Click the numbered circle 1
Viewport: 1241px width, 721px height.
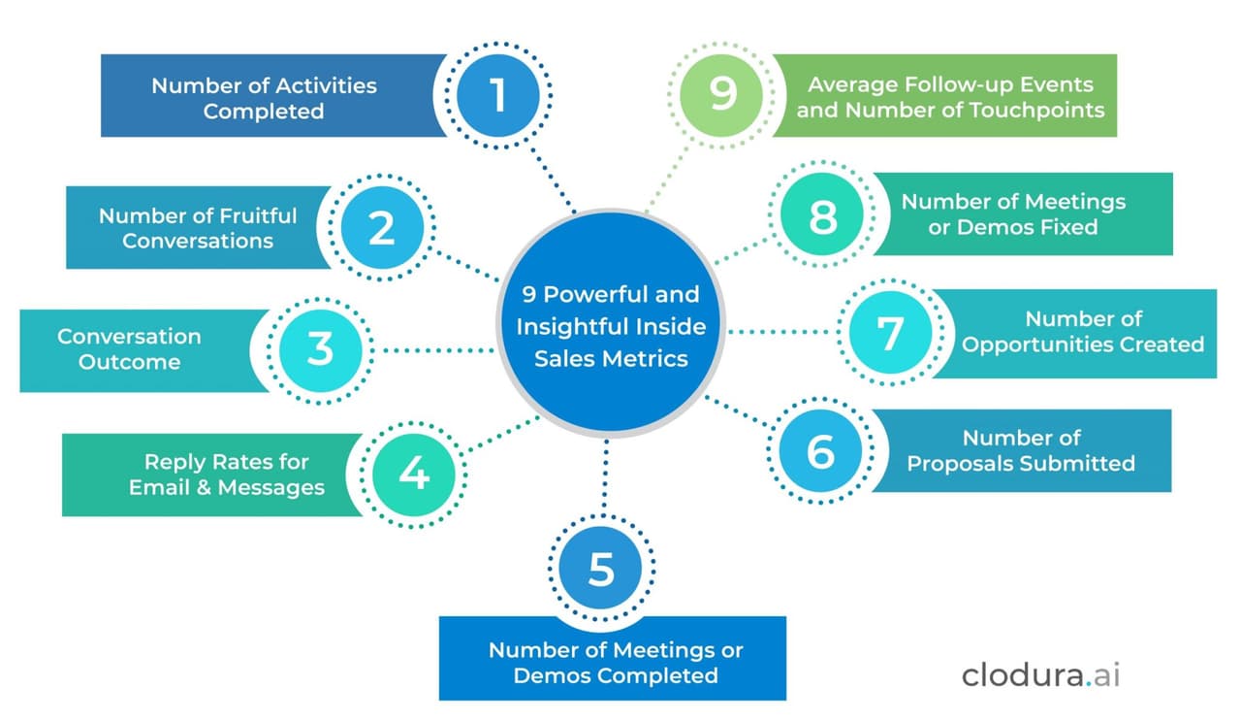(x=498, y=95)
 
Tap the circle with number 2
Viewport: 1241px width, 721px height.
(x=382, y=228)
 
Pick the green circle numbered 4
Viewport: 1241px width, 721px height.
(x=413, y=474)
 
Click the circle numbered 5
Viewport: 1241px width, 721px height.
(x=601, y=569)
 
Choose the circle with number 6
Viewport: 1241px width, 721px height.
(x=820, y=451)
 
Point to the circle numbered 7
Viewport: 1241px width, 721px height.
(x=890, y=332)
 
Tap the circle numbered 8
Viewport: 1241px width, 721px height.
(x=822, y=216)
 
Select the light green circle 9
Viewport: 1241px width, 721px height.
(x=723, y=95)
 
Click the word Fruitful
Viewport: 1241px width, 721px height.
(x=249, y=215)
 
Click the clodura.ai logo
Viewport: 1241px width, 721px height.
(x=1040, y=674)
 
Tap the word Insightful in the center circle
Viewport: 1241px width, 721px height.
(x=572, y=326)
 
